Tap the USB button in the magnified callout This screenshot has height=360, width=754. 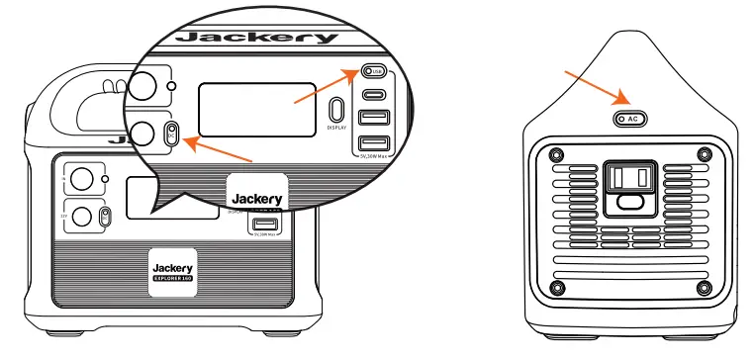coord(372,72)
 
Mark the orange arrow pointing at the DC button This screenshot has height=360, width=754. coord(218,151)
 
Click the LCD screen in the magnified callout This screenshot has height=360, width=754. coord(256,109)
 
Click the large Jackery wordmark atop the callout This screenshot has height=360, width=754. coord(256,38)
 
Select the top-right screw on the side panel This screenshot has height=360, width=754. coord(704,153)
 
